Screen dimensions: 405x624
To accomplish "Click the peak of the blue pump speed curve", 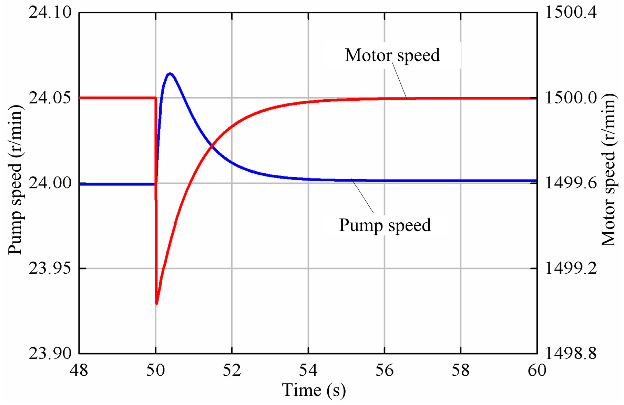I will [x=170, y=74].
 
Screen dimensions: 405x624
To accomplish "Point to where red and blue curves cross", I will [x=211, y=146].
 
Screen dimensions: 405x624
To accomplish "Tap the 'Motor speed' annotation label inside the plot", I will [x=392, y=55].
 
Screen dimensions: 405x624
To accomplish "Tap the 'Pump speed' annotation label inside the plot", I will [x=385, y=225].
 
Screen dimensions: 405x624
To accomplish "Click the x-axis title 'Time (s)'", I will [x=314, y=391].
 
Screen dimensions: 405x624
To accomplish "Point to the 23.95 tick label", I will [x=50, y=268].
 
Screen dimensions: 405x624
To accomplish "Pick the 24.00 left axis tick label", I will [x=50, y=183].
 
